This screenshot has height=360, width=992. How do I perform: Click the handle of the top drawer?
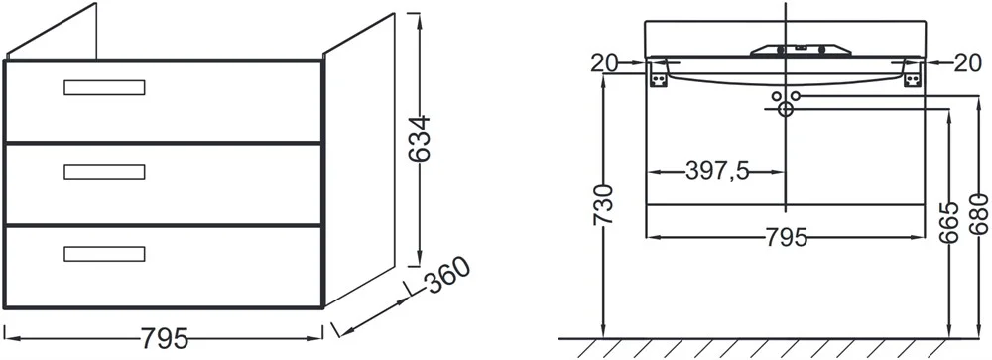[x=104, y=87]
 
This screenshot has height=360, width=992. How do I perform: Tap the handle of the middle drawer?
[x=104, y=172]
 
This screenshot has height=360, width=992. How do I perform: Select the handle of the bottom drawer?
[x=104, y=254]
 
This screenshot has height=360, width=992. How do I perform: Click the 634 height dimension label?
[x=419, y=139]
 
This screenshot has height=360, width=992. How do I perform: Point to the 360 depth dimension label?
[x=448, y=276]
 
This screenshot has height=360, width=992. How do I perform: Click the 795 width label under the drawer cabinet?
[x=164, y=339]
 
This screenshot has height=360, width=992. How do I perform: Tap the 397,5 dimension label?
[x=717, y=171]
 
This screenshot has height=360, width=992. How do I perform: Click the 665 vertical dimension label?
[x=949, y=223]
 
